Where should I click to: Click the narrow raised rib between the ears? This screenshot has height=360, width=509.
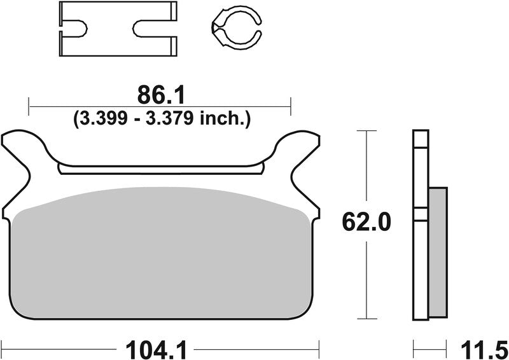160,169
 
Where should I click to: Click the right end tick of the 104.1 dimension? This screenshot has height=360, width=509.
318,348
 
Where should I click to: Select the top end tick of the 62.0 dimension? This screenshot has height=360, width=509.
363,131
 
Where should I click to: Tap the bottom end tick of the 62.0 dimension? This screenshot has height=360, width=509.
363,318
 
